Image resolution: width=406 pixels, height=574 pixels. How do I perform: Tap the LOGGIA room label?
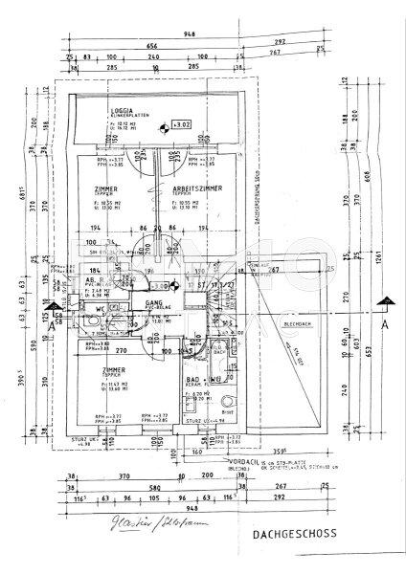pos(122,110)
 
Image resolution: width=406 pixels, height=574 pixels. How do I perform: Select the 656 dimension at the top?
pos(151,46)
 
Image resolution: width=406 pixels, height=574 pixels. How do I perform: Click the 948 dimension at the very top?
pos(193,34)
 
